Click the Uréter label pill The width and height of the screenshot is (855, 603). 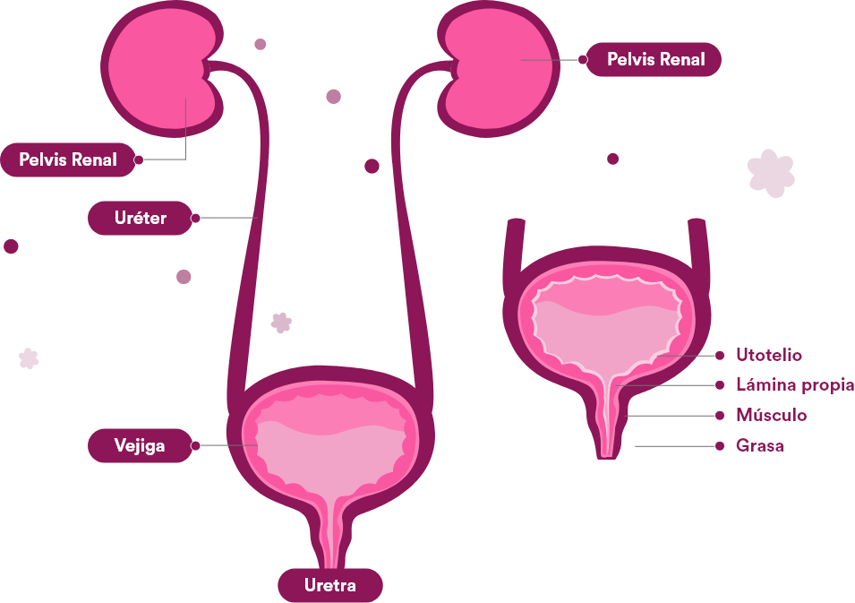[141, 218]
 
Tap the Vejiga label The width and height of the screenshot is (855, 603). [140, 445]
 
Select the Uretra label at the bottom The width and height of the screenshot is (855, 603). [329, 586]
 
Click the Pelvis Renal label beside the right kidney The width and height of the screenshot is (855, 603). [655, 60]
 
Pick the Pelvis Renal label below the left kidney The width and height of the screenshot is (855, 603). [68, 160]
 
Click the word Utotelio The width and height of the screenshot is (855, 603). [769, 356]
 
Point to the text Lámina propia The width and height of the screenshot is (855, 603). [794, 385]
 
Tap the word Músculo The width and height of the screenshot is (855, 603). [771, 416]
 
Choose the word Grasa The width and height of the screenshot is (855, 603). [759, 445]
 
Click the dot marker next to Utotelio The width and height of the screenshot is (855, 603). [720, 356]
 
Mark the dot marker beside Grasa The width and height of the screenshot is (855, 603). [720, 445]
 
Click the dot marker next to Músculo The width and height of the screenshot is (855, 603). [720, 416]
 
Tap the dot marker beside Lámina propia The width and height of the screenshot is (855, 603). [720, 385]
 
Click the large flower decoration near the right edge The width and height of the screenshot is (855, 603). [770, 172]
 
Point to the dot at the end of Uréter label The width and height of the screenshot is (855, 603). [196, 218]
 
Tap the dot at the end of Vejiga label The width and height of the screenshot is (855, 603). [196, 445]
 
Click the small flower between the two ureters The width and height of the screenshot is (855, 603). [281, 323]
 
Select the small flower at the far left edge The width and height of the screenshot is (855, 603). [29, 358]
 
